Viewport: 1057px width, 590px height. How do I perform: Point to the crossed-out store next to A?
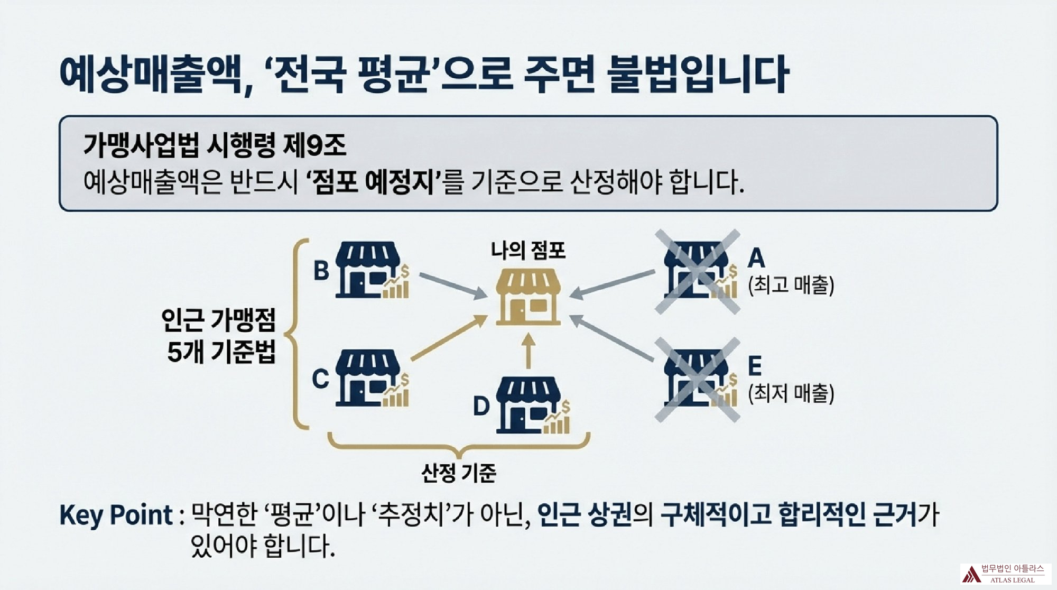[x=697, y=271]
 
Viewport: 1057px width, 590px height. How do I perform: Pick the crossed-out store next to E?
[x=697, y=379]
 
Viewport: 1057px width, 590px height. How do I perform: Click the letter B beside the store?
[x=321, y=270]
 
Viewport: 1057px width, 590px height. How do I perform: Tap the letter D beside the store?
[x=481, y=407]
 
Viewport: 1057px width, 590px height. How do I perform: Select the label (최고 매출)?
[x=791, y=285]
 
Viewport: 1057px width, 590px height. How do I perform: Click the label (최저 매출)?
[x=791, y=393]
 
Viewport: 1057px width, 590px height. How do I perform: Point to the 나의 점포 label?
[x=528, y=250]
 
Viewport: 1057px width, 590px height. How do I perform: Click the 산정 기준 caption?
[x=459, y=473]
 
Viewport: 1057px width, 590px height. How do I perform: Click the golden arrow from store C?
[x=449, y=338]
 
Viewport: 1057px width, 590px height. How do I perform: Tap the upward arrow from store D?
[x=528, y=350]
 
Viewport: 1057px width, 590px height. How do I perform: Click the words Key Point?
[x=116, y=515]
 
